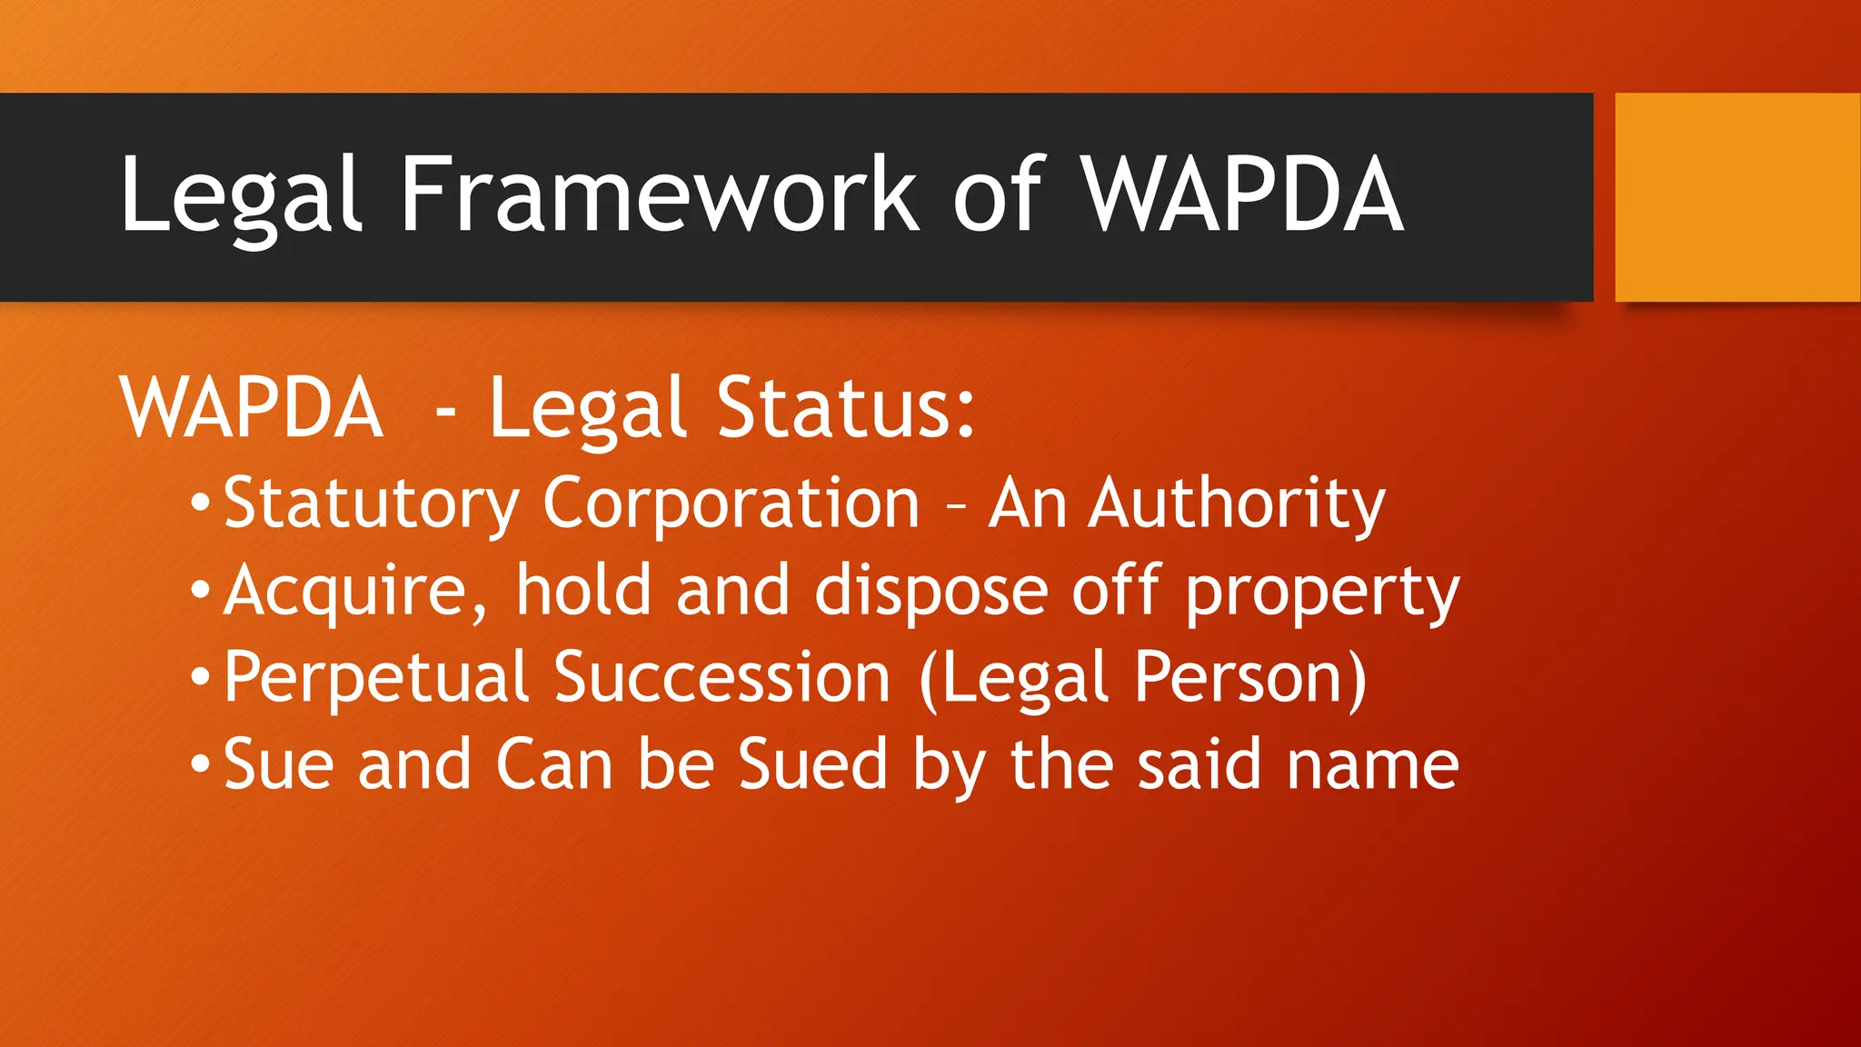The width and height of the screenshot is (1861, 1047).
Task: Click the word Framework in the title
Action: coord(660,194)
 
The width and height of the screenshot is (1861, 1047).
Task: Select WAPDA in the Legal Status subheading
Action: coord(251,408)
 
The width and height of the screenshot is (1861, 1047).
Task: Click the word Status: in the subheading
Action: coord(845,408)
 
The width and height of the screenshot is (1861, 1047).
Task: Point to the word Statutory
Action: coord(372,504)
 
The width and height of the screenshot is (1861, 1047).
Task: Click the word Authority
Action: coord(1238,504)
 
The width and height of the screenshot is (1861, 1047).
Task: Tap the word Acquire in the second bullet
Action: coord(357,592)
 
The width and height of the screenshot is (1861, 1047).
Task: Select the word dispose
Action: coord(931,592)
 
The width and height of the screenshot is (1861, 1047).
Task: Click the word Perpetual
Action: coord(376,678)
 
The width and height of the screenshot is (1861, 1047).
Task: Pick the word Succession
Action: coord(722,678)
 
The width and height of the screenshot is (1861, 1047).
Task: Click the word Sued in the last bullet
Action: coord(812,764)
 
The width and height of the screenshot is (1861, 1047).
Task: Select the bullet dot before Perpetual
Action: coord(201,677)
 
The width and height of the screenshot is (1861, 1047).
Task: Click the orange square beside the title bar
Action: coord(1737,196)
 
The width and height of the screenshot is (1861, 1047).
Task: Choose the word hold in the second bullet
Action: coord(584,590)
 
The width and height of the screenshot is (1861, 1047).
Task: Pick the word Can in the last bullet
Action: coord(554,764)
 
